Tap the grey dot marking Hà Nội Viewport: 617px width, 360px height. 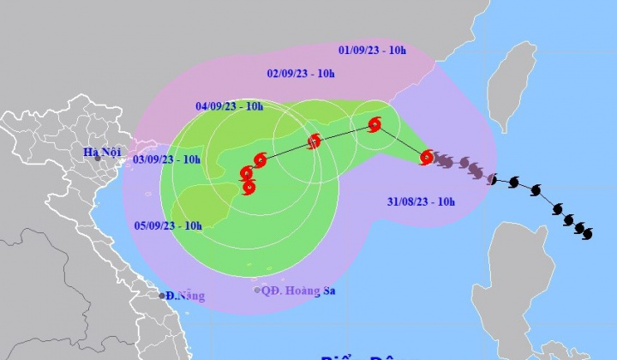(99, 159)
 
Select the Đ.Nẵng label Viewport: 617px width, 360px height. (186, 296)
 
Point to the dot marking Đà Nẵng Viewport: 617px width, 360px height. (162, 296)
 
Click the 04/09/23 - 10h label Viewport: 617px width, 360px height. (230, 106)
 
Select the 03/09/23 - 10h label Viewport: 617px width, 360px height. (168, 159)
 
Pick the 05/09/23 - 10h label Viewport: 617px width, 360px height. (169, 225)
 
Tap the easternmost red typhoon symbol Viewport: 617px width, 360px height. (427, 157)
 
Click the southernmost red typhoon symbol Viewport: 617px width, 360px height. (249, 187)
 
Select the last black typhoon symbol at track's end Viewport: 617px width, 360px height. (587, 232)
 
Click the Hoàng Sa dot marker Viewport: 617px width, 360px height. (257, 291)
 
